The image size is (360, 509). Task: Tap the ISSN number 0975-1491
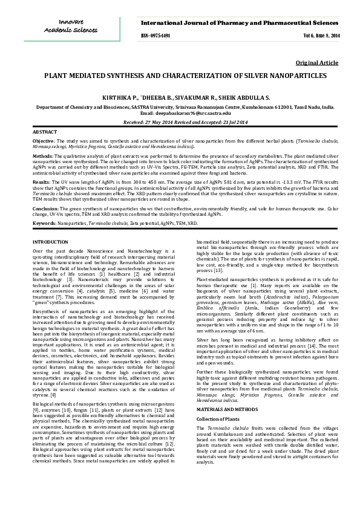[155, 36]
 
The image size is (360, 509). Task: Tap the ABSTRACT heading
[44, 131]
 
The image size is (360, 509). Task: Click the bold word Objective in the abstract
[44, 140]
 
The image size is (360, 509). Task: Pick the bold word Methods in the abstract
[42, 155]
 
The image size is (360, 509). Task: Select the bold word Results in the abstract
[41, 181]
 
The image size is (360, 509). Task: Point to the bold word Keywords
[45, 222]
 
